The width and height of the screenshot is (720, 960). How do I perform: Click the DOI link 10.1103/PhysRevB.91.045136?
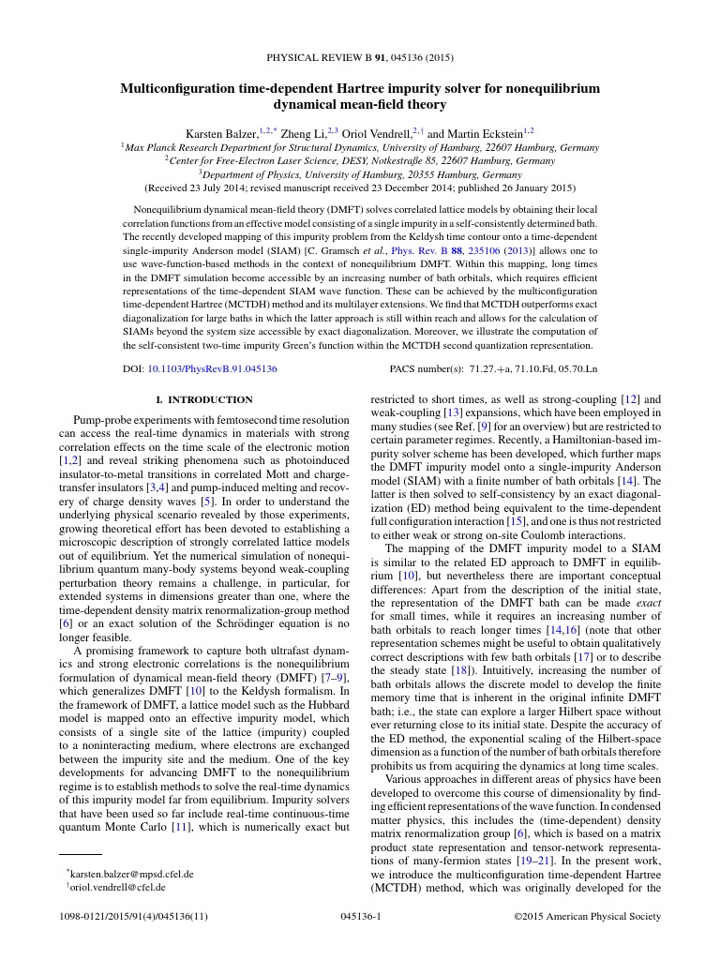tap(213, 369)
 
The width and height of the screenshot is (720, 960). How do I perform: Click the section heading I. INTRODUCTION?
tap(203, 399)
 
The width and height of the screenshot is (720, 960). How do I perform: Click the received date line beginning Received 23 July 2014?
tap(359, 187)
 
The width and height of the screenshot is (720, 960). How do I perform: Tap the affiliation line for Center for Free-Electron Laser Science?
tap(359, 160)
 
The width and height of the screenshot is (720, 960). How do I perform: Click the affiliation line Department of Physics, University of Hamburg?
tap(359, 173)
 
